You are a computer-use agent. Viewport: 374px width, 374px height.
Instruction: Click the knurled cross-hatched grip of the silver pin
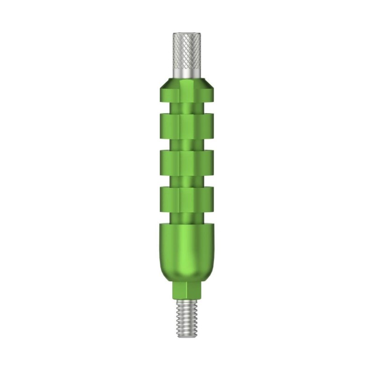tap(187, 49)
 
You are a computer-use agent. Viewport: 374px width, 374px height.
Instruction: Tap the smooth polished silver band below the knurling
tap(187, 71)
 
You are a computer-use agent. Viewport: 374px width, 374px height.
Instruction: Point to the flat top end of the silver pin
tap(187, 34)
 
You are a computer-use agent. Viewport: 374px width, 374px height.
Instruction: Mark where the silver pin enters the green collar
tap(187, 78)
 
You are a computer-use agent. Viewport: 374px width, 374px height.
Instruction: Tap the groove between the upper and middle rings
tap(187, 143)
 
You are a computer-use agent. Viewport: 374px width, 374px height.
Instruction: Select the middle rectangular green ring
tap(187, 161)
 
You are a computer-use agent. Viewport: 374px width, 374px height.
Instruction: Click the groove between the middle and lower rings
tap(187, 180)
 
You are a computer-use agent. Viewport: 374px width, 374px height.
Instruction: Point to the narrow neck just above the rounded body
tap(187, 216)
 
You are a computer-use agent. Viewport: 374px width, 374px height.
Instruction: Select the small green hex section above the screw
tap(187, 291)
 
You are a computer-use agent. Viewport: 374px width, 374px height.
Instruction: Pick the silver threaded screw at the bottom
tap(187, 316)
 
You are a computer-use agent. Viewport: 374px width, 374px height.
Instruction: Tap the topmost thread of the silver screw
tap(187, 303)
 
